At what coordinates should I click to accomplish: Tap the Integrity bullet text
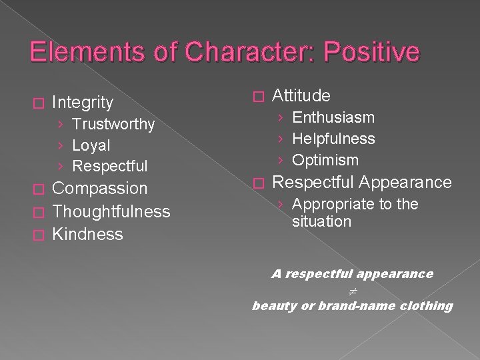coord(82,103)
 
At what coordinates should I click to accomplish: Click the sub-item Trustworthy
coord(113,125)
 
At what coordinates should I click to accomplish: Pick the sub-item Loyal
coord(91,145)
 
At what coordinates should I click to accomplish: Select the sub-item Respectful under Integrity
coord(110,166)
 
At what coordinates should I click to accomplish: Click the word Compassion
coord(99,189)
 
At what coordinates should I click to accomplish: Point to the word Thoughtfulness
coord(111,212)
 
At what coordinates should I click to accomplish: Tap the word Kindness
coord(87,235)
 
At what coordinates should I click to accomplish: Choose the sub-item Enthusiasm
coord(333,118)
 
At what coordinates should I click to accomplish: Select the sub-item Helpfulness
coord(333,139)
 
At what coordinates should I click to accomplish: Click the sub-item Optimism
coord(325,161)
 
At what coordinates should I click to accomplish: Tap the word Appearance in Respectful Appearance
coord(406,183)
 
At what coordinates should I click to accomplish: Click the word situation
coord(321,222)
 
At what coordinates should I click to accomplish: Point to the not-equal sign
coord(352,290)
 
